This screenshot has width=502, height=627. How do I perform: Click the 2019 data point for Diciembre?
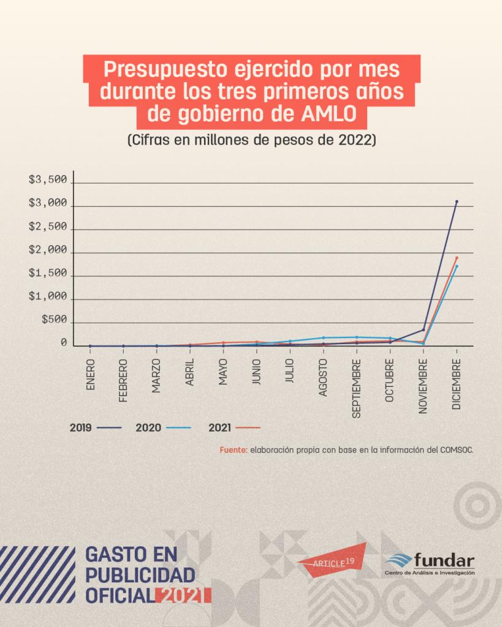point(457,201)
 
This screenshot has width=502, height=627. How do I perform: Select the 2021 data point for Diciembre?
point(457,258)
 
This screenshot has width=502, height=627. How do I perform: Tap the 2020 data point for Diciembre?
point(457,266)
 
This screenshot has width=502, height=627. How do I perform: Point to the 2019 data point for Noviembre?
point(424,330)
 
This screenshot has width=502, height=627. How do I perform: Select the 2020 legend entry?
point(164,427)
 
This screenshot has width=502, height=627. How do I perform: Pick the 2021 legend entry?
point(234,427)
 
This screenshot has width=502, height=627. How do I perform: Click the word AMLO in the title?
point(337,115)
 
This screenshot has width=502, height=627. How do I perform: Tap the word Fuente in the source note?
point(233,450)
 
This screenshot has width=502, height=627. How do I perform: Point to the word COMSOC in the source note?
point(455,450)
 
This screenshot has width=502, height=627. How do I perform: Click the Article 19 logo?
point(332,558)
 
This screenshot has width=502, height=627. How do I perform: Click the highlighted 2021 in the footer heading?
point(183,594)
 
